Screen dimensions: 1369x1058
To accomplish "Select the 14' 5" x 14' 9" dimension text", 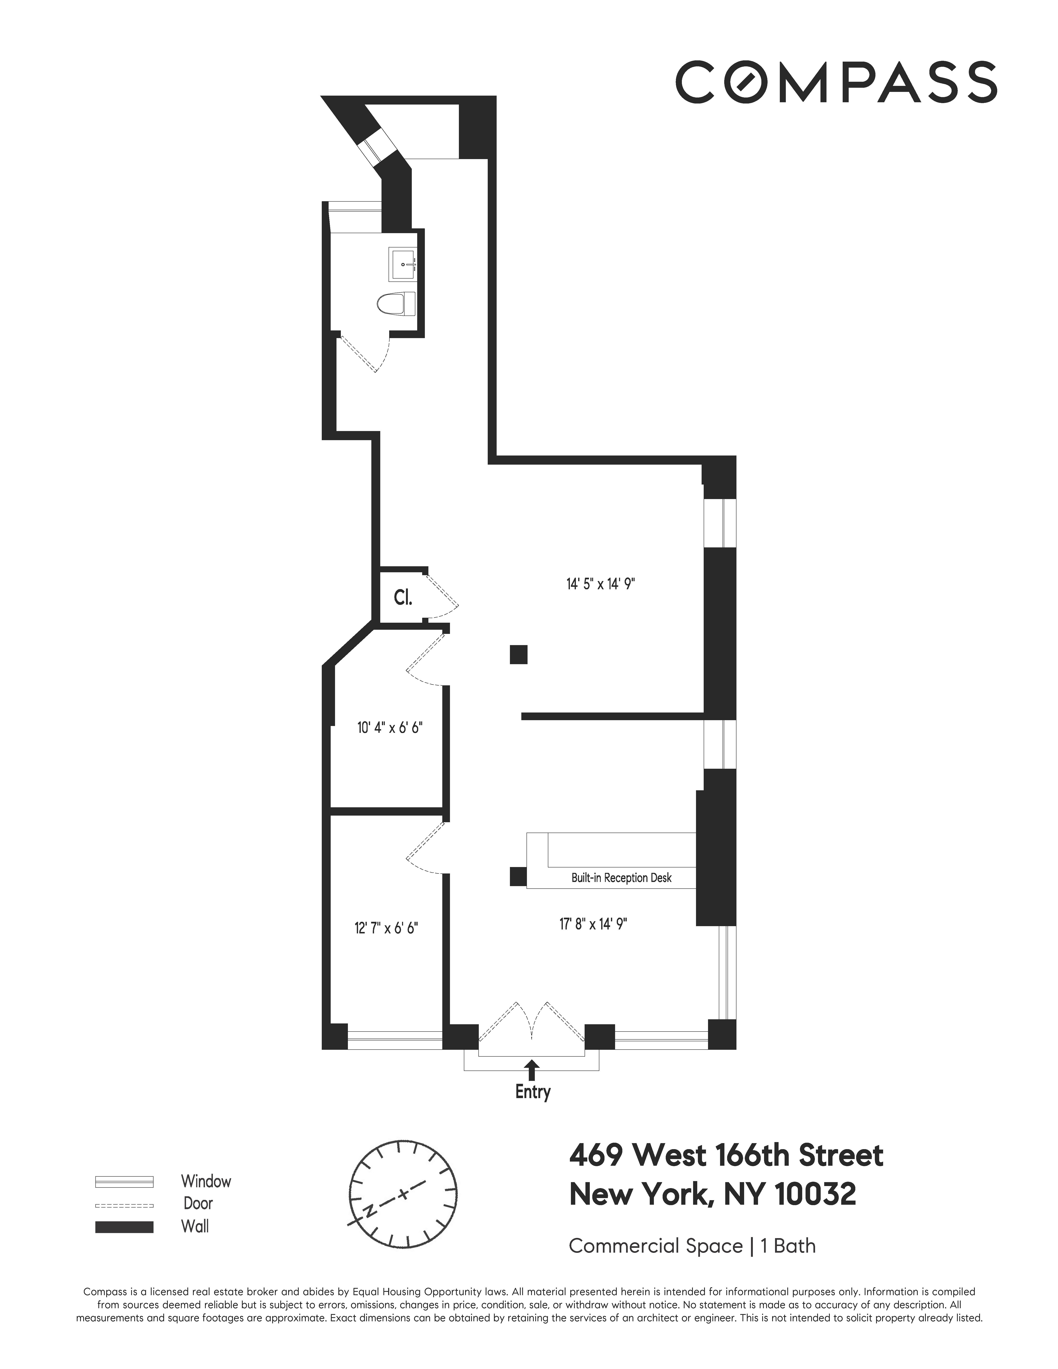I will (x=600, y=584).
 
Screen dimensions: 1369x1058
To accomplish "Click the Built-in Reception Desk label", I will (x=621, y=878).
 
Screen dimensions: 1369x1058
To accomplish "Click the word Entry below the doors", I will (x=532, y=1091).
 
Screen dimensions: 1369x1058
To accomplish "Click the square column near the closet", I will (x=518, y=654).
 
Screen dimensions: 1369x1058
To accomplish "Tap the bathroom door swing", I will (x=365, y=354).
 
